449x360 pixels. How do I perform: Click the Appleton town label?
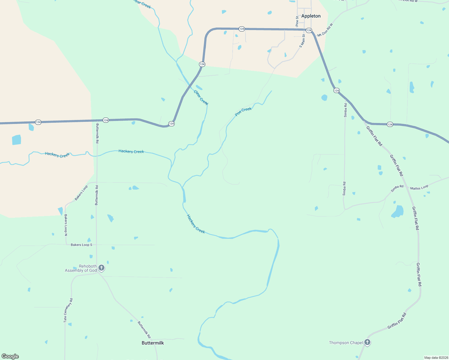[x=311, y=16]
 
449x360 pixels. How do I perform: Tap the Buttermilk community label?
[x=153, y=343]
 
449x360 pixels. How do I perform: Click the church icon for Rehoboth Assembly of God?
[x=101, y=268]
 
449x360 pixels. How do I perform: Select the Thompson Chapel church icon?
[x=367, y=342]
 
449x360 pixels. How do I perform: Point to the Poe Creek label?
[x=243, y=112]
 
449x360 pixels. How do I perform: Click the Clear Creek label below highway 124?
[x=201, y=97]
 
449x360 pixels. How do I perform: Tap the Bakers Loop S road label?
[x=82, y=245]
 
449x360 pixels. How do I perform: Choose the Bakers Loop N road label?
[x=66, y=225]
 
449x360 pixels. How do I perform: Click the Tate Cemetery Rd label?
[x=68, y=310]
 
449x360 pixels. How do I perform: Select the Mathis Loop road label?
[x=419, y=188]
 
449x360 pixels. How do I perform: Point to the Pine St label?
[x=297, y=21]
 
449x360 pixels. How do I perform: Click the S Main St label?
[x=302, y=41]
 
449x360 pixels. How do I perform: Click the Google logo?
[x=10, y=356]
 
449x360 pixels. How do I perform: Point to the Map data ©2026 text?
[x=436, y=358]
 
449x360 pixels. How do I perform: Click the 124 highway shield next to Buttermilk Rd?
[x=106, y=120]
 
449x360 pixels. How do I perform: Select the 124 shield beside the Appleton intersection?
[x=309, y=31]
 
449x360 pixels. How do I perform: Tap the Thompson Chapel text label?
[x=346, y=343]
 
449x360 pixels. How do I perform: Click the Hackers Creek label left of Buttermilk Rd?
[x=57, y=155]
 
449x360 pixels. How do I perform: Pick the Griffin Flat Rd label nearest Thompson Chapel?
[x=397, y=320]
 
